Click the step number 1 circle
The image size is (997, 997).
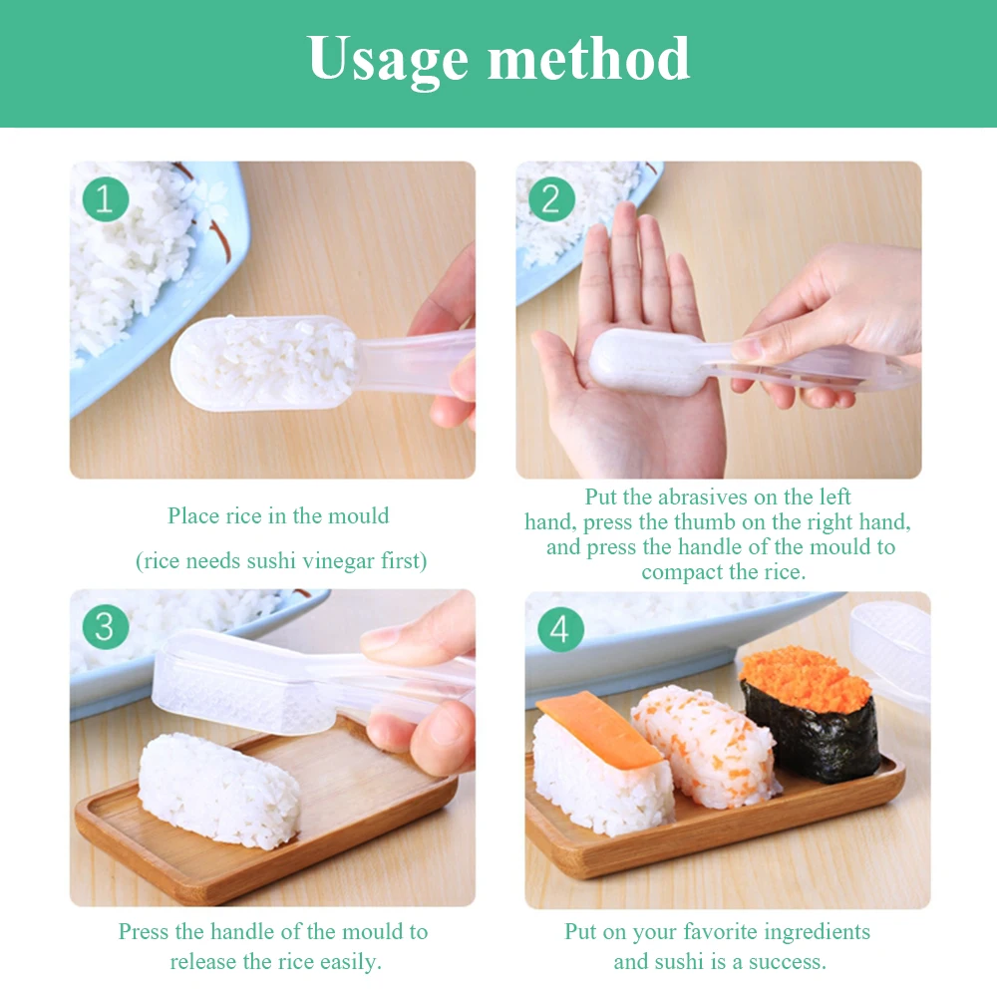pyautogui.click(x=106, y=199)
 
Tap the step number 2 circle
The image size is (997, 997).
pyautogui.click(x=551, y=199)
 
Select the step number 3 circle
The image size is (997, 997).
pyautogui.click(x=106, y=628)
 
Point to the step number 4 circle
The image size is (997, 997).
pyautogui.click(x=560, y=630)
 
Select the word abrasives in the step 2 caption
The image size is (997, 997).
pyautogui.click(x=714, y=497)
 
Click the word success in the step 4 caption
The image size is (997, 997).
pyautogui.click(x=785, y=962)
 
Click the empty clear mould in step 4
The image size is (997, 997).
pyautogui.click(x=890, y=638)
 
